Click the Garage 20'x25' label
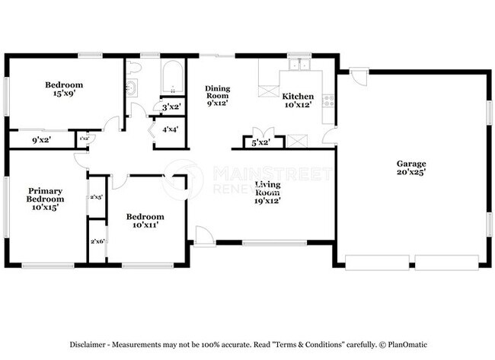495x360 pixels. [x=410, y=167]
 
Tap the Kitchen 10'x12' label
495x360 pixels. [x=298, y=100]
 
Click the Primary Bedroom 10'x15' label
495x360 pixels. [x=45, y=199]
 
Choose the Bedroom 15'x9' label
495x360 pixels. [x=63, y=89]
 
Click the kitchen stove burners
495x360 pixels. [x=329, y=100]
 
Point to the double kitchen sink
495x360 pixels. [x=295, y=64]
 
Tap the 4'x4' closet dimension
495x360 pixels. [x=170, y=129]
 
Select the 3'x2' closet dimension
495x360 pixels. [x=171, y=107]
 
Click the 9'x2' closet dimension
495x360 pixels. [x=40, y=139]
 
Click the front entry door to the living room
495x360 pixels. [x=203, y=236]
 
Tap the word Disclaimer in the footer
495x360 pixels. [x=93, y=343]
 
